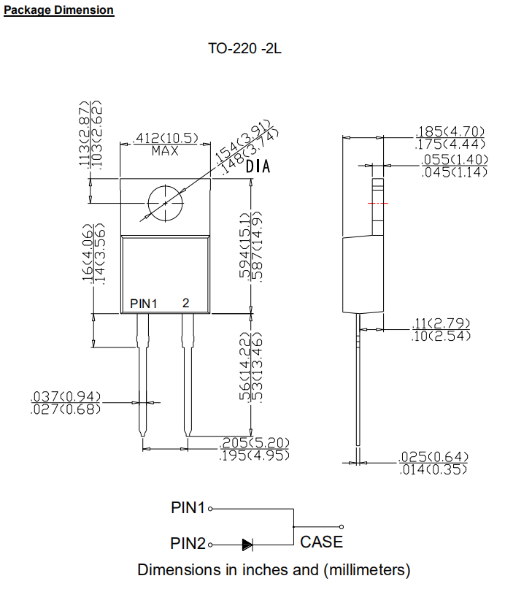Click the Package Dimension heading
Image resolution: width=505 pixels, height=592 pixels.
click(59, 10)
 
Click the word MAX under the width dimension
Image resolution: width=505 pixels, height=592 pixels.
click(165, 151)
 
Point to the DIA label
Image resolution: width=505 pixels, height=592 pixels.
click(258, 167)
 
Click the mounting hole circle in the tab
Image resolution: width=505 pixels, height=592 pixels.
click(165, 202)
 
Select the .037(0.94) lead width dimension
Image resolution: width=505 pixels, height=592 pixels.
click(66, 396)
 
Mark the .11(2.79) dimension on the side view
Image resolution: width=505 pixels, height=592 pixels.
click(442, 323)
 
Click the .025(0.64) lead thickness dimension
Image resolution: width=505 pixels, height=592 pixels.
click(434, 457)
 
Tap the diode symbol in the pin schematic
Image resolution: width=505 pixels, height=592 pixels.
click(247, 544)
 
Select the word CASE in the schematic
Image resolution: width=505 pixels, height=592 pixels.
click(321, 542)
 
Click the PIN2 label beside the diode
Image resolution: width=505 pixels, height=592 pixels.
click(188, 544)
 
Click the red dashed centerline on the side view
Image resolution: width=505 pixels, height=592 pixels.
click(378, 203)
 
